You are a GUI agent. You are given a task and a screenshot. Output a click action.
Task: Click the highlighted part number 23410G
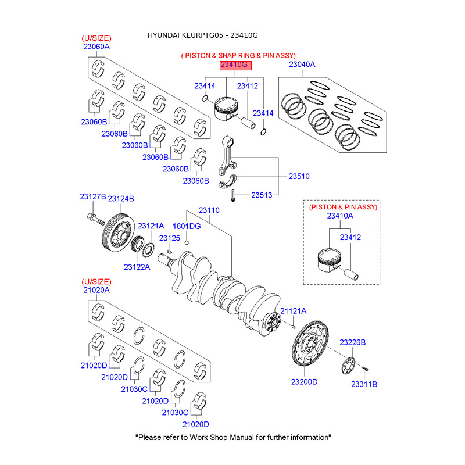[237, 65]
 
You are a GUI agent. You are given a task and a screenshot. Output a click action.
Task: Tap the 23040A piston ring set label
[302, 65]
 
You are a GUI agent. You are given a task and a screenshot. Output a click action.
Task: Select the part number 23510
[299, 176]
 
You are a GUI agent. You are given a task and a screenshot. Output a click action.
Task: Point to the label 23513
[262, 195]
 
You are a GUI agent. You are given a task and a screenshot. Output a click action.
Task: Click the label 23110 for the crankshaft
[209, 210]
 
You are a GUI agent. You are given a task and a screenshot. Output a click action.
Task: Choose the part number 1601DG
[187, 226]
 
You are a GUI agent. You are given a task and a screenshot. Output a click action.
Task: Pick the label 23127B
[93, 198]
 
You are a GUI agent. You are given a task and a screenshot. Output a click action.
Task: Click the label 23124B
[121, 198]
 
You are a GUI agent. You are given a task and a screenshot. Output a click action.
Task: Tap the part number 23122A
[137, 267]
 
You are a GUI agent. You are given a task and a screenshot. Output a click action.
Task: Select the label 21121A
[294, 312]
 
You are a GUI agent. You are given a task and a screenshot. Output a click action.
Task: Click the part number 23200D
[305, 382]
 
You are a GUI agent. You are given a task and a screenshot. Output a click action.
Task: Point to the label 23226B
[353, 342]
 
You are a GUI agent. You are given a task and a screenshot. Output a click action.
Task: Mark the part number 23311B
[364, 384]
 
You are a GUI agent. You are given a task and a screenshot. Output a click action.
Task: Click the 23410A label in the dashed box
[340, 216]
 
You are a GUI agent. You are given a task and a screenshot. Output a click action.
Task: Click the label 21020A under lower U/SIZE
[95, 289]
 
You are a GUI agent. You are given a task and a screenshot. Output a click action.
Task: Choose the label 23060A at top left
[95, 46]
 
